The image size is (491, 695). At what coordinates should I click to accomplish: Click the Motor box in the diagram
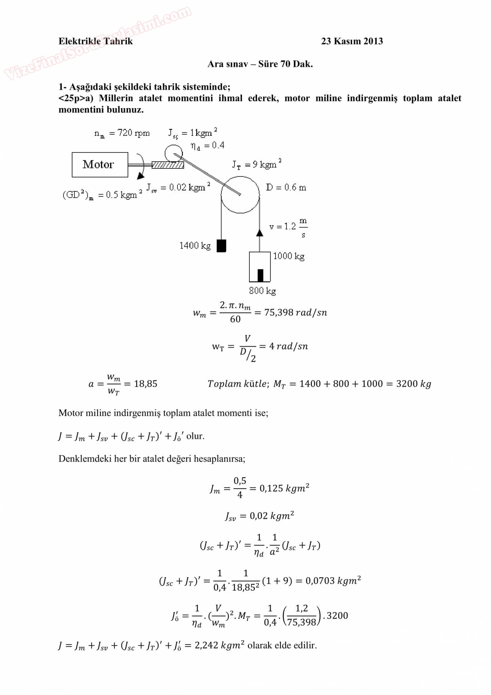click(100, 164)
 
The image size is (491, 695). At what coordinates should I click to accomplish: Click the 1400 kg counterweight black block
click(221, 246)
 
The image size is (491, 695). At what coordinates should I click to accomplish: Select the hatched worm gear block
click(167, 165)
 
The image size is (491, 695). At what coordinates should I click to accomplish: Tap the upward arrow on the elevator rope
click(259, 232)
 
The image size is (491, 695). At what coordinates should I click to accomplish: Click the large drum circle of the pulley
click(240, 195)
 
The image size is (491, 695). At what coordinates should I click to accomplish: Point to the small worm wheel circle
click(173, 153)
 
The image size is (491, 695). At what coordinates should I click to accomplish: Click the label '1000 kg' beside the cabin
click(289, 256)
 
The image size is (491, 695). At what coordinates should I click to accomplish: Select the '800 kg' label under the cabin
click(263, 291)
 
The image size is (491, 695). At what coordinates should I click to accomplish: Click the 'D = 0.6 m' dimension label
click(286, 187)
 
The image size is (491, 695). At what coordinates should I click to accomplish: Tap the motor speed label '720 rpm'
click(133, 133)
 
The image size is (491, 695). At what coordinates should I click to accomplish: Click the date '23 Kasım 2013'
click(352, 41)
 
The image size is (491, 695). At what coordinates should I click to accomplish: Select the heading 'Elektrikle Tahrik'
click(95, 41)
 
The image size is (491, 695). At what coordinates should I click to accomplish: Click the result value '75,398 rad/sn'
click(295, 313)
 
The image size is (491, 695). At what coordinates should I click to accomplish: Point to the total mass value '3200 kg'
click(413, 384)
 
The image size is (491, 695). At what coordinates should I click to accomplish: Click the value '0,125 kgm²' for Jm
click(284, 488)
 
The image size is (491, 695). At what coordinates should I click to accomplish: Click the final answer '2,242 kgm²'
click(219, 645)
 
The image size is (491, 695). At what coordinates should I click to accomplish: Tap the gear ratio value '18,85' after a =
click(146, 384)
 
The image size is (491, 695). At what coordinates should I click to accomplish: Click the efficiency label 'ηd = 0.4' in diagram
click(207, 146)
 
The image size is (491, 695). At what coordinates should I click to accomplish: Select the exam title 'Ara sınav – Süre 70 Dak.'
click(260, 64)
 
